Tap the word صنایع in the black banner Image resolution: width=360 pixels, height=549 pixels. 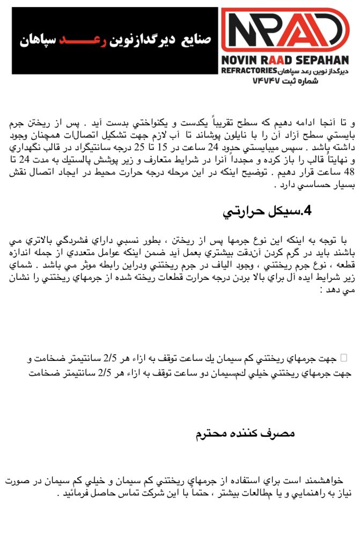(196, 40)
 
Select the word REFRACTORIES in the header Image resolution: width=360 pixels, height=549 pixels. (248, 70)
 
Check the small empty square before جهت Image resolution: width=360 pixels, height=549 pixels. (344, 357)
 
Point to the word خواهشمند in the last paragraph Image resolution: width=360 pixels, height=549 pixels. (321, 481)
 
